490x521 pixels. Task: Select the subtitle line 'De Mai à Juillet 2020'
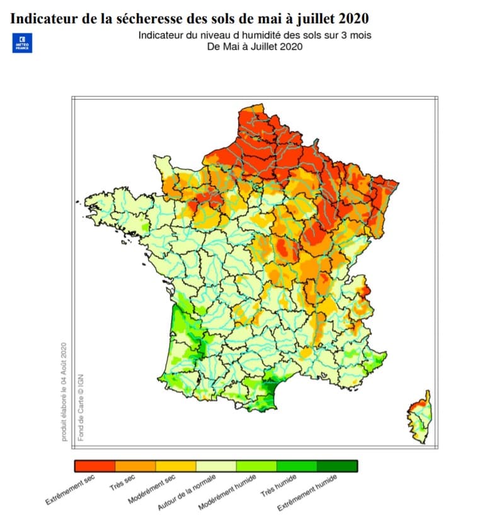click(x=255, y=46)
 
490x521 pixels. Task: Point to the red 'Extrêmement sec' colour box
click(x=94, y=466)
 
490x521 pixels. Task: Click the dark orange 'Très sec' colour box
click(x=135, y=466)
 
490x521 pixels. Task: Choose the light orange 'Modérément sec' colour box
click(x=176, y=466)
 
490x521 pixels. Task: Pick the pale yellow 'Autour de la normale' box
click(x=216, y=466)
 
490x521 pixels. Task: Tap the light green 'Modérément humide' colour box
click(x=256, y=466)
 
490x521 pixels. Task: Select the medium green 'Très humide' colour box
click(x=297, y=466)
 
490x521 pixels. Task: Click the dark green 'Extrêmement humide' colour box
click(x=337, y=466)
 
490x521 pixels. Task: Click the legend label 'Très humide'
click(x=278, y=486)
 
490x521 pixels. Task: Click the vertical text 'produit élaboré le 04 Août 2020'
click(x=64, y=391)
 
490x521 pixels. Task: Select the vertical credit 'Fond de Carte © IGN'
click(x=81, y=407)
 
